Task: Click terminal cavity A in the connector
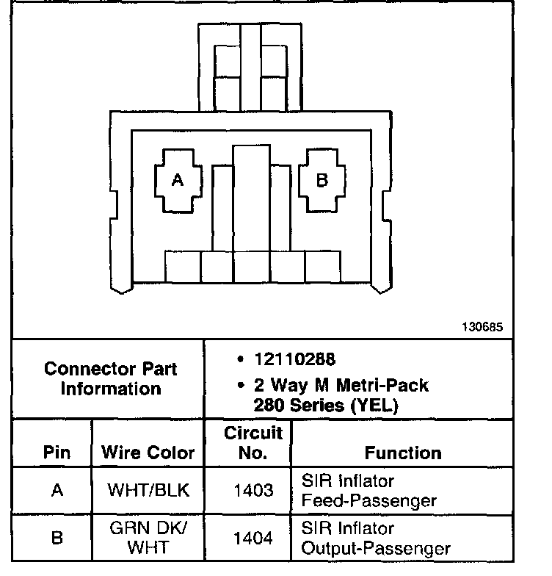[176, 180]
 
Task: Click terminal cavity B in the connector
[322, 180]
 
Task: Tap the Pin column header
[57, 453]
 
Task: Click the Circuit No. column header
[253, 443]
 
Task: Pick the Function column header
[403, 453]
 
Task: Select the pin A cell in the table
[57, 490]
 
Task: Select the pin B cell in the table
[57, 538]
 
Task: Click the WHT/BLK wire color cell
[148, 490]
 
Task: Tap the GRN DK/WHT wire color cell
[148, 538]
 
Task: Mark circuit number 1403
[253, 490]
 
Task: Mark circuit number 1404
[253, 538]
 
